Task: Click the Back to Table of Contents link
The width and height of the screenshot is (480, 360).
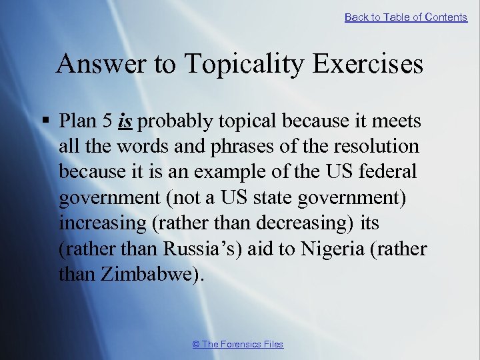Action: point(405,17)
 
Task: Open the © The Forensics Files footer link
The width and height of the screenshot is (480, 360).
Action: point(237,344)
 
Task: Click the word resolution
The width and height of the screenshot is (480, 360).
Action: point(383,147)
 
